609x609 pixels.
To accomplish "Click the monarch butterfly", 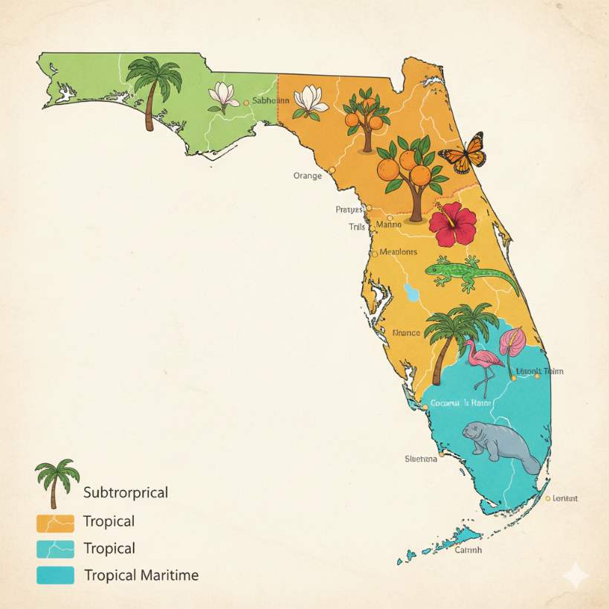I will (463, 152).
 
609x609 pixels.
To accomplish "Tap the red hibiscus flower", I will (452, 224).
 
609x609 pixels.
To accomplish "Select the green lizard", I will (468, 274).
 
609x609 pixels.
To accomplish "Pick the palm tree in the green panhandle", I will (154, 89).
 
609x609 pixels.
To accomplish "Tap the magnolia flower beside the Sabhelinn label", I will (223, 97).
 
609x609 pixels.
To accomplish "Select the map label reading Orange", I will (307, 176).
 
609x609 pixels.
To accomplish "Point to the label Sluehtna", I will (420, 459).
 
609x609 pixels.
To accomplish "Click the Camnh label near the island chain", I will (468, 550).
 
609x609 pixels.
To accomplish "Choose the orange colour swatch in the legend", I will (55, 522).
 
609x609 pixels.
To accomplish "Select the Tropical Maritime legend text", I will (141, 575).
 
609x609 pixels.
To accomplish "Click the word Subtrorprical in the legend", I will (126, 492).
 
